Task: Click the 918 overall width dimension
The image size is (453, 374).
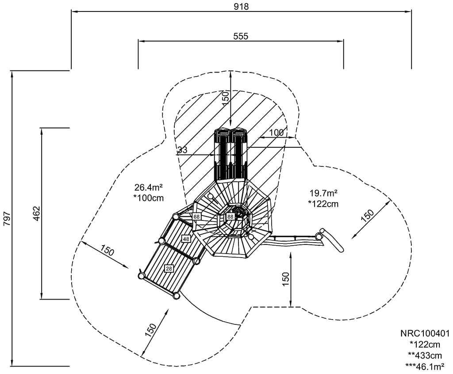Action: tap(242, 6)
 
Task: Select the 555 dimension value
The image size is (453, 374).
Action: tap(241, 36)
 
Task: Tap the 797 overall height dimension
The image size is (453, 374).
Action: tap(7, 219)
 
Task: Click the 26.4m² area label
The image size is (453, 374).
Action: tap(149, 187)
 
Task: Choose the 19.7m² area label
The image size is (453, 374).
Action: tap(323, 193)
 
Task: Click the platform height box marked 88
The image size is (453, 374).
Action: tap(230, 217)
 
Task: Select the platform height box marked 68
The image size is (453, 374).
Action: tap(196, 216)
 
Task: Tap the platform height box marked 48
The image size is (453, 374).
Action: tap(186, 239)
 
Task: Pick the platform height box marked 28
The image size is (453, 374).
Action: tap(169, 268)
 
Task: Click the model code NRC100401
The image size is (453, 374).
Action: tap(425, 333)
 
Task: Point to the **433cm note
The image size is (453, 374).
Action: tap(425, 355)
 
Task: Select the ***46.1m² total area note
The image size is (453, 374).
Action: tap(425, 366)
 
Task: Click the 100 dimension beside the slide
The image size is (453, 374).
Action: tap(276, 133)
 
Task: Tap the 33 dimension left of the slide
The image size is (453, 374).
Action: tap(182, 150)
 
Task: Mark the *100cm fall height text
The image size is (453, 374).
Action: tap(149, 198)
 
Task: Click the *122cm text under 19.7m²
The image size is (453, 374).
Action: tap(323, 204)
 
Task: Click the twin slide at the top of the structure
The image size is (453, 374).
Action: tap(230, 155)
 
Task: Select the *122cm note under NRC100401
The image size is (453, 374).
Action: tap(425, 344)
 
